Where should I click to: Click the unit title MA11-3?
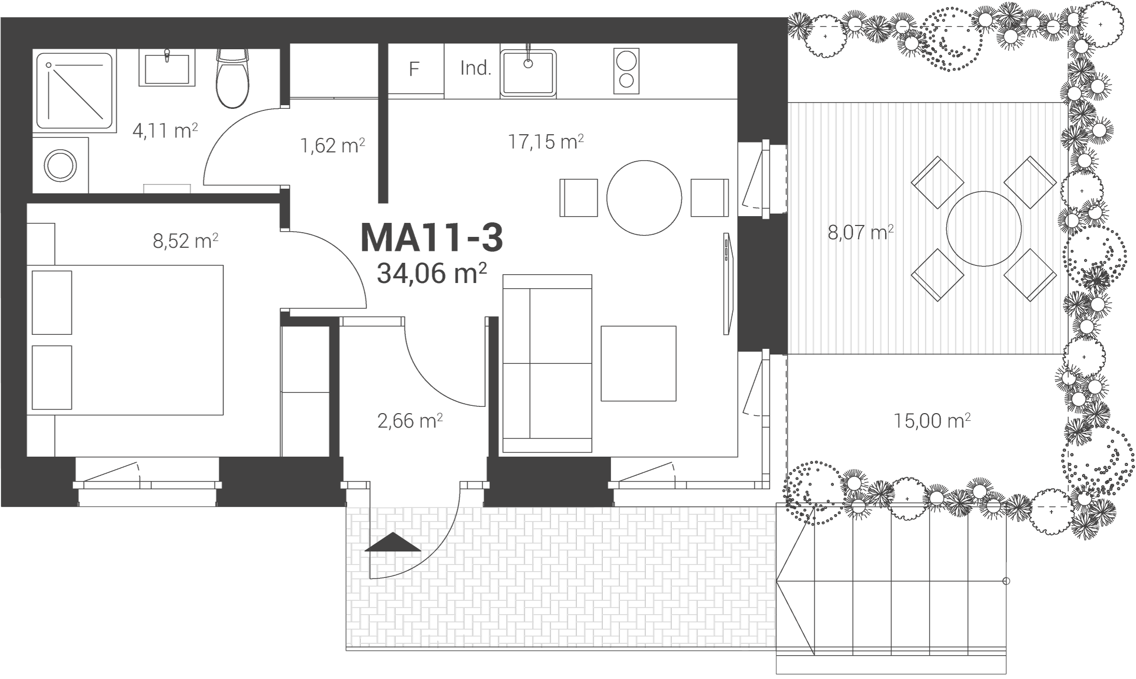coord(431,238)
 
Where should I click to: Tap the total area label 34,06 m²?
coord(431,273)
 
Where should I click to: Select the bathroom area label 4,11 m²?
coord(165,131)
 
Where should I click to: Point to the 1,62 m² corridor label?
coord(333,146)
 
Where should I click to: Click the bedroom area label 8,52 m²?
coord(185,241)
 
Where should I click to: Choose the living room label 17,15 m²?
coord(546,141)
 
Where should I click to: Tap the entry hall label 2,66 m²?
coord(410,421)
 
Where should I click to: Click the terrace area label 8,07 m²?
coord(861,232)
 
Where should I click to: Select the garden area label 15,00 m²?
coord(932,420)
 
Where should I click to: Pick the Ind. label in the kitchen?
coord(476,68)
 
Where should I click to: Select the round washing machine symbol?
coord(61,165)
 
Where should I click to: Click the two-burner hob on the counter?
coord(626,71)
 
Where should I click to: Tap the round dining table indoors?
coord(644,198)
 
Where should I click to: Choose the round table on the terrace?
coord(984,229)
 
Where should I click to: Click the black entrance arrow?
coord(393,542)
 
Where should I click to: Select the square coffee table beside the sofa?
coord(638,363)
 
